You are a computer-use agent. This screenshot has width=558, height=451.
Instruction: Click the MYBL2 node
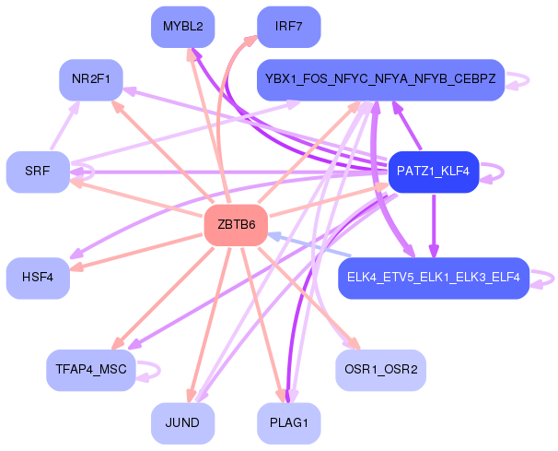[x=182, y=26]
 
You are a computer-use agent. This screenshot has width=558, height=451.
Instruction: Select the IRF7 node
[x=288, y=26]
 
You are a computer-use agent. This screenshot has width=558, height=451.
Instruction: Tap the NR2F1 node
[x=90, y=79]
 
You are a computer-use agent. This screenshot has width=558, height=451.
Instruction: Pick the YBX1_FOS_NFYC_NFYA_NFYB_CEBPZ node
[x=380, y=79]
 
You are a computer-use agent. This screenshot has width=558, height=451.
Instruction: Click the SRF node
[x=38, y=172]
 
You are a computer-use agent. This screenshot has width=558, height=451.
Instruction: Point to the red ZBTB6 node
[x=236, y=225]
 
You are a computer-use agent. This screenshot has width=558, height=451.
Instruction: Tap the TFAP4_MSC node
[x=90, y=370]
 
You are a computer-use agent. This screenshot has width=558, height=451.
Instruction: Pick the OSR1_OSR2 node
[x=380, y=370]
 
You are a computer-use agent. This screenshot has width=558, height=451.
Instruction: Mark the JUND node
[x=182, y=423]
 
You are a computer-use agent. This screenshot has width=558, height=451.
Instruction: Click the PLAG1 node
[x=288, y=423]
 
